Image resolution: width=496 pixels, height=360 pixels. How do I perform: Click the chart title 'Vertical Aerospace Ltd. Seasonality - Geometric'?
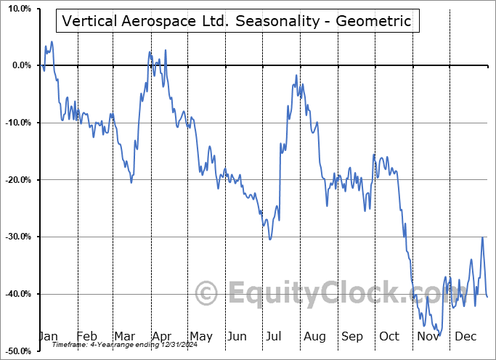237,22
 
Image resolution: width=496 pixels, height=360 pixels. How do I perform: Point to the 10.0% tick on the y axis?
19,9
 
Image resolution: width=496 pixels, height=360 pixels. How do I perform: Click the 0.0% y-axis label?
21,66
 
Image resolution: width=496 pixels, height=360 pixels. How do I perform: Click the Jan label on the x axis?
49,336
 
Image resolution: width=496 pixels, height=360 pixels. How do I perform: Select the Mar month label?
124,336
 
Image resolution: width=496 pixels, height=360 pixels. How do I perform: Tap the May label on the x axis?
200,336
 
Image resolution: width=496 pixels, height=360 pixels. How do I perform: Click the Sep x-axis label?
352,336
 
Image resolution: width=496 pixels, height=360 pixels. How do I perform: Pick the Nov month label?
428,336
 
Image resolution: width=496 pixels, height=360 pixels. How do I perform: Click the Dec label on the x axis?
465,336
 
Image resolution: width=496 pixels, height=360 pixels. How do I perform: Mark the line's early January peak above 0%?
52,42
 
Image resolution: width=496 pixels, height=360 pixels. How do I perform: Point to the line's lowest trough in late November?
437,335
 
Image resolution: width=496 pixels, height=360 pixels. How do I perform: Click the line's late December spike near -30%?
482,237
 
